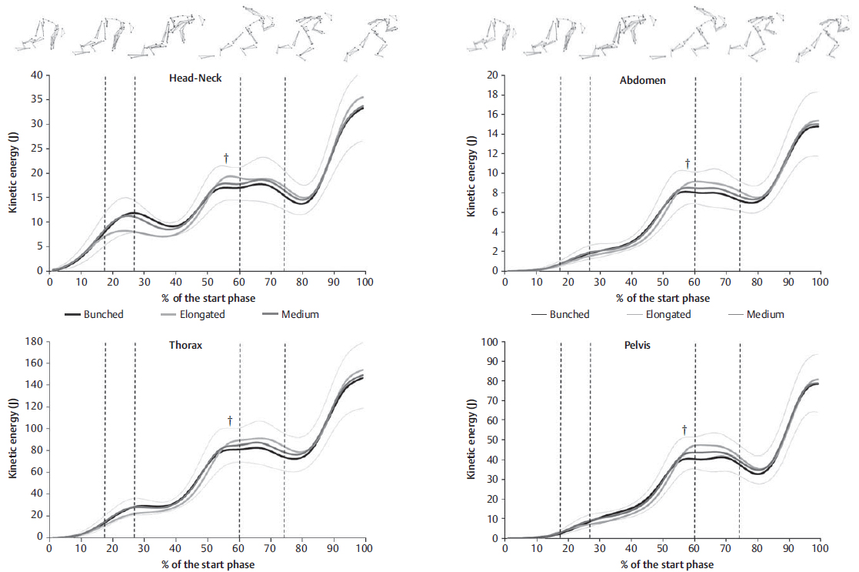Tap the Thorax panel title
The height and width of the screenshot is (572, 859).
point(186,345)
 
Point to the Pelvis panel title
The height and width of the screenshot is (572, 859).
point(638,345)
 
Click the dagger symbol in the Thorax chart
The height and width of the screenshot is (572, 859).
point(229,420)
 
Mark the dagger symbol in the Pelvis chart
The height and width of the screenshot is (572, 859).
point(684,430)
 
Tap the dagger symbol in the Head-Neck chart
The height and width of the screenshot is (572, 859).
point(226,158)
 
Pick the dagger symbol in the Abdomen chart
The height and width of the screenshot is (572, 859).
point(688,163)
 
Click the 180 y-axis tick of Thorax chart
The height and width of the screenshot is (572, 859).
point(33,341)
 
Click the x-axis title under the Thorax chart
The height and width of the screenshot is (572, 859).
point(208,564)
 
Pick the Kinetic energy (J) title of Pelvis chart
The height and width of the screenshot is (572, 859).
point(470,439)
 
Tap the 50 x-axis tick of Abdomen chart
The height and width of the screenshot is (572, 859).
point(662,283)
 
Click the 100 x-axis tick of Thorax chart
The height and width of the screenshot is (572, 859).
point(365,549)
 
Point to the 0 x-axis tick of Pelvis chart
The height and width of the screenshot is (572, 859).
point(504,549)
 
